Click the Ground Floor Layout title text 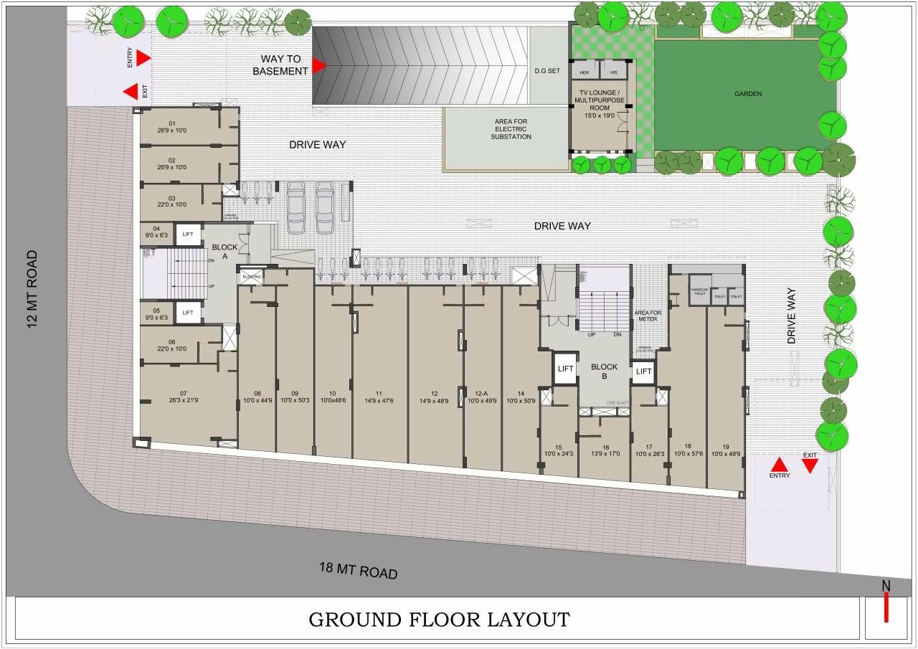point(439,619)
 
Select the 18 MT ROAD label point(358,571)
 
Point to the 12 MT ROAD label point(32,290)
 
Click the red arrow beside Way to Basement point(318,65)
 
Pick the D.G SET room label point(547,71)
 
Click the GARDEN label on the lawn point(747,94)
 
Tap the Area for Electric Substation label point(512,129)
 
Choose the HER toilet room point(585,72)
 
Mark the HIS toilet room point(613,72)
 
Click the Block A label point(224,252)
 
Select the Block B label point(604,371)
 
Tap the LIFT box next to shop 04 point(188,234)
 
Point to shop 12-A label point(482,397)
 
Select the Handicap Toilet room point(699,291)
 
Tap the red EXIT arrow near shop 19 point(810,466)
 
